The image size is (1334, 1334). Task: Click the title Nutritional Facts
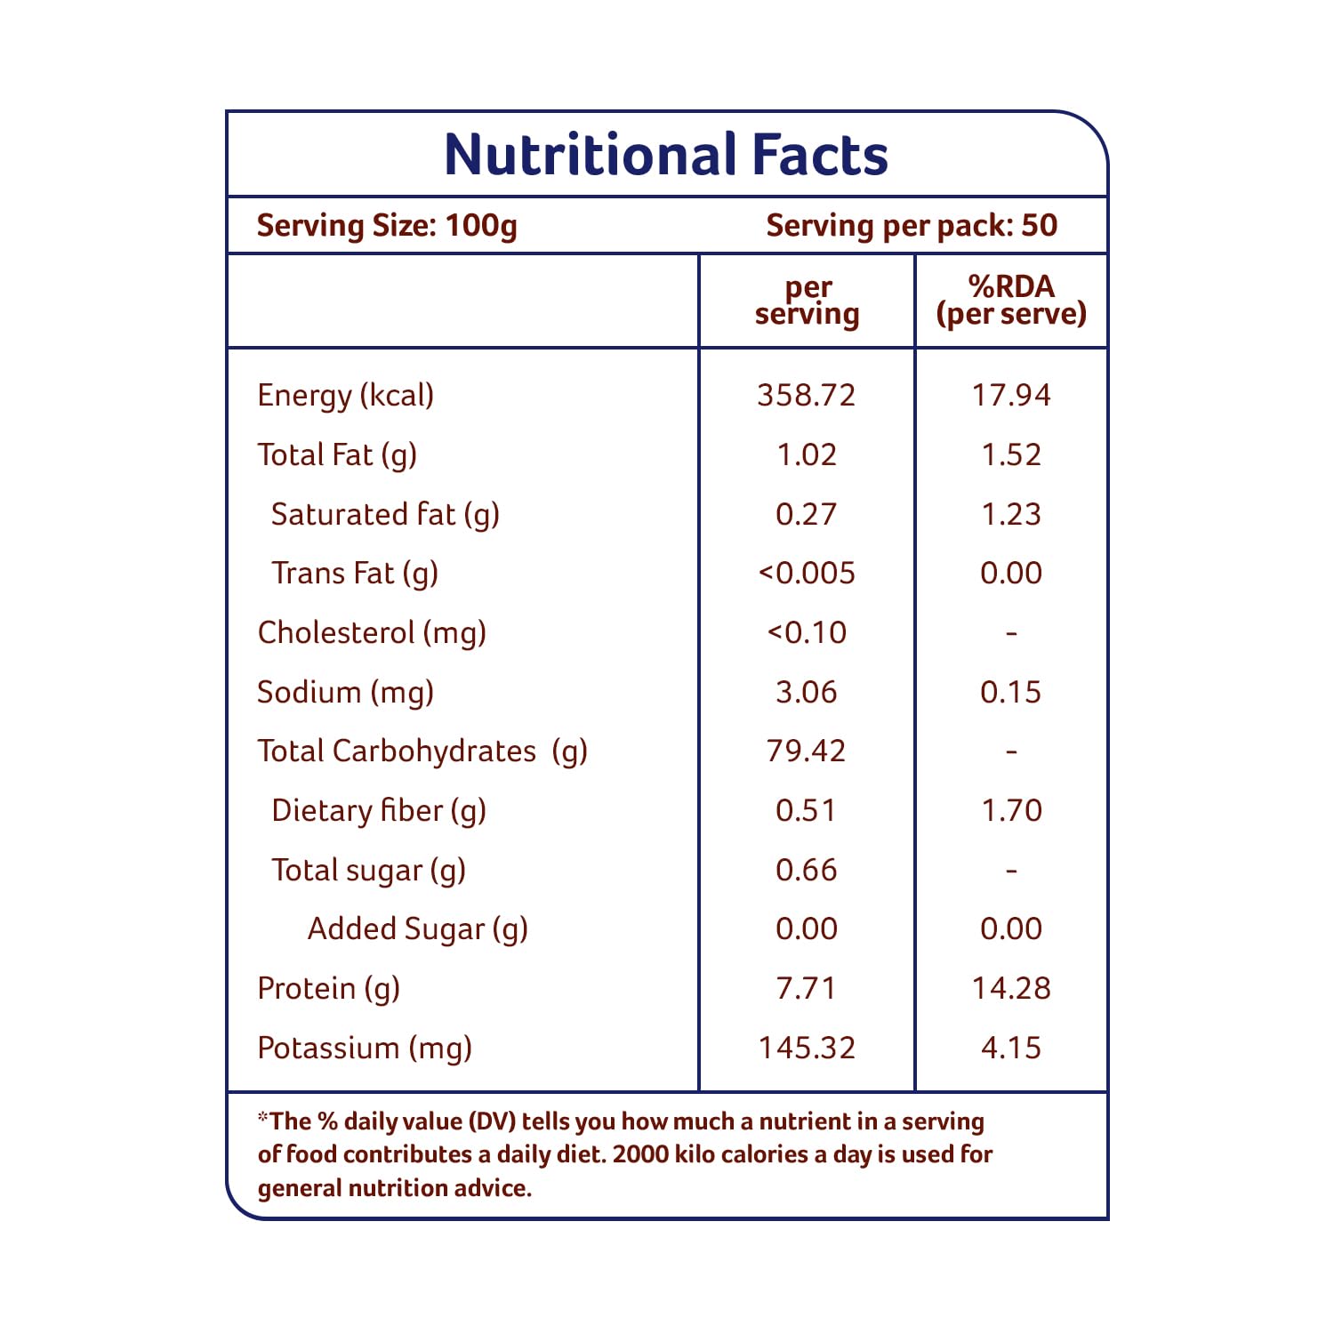666,155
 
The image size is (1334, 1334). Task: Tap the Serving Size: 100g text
387,226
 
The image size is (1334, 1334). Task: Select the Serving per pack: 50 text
912,226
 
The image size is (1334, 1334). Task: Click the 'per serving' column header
808,301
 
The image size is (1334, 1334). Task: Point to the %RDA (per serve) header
1011,301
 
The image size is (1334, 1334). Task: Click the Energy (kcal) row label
346,395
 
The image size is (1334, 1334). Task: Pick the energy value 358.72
807,395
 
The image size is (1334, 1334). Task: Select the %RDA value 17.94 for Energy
1011,395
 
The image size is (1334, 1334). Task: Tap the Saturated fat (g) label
385,514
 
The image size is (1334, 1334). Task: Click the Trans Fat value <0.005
807,574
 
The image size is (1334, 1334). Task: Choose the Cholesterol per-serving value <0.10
807,632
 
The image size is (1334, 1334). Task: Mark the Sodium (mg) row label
346,692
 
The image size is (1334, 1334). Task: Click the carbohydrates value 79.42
807,751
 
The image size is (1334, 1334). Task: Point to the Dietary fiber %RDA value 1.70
1011,810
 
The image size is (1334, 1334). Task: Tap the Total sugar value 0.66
807,870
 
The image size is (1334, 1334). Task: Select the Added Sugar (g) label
418,929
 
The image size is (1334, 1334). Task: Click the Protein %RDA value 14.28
1011,988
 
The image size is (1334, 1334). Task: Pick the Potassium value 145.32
807,1048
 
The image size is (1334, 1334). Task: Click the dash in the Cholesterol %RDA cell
1011,633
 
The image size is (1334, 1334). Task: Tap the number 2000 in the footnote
640,1154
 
